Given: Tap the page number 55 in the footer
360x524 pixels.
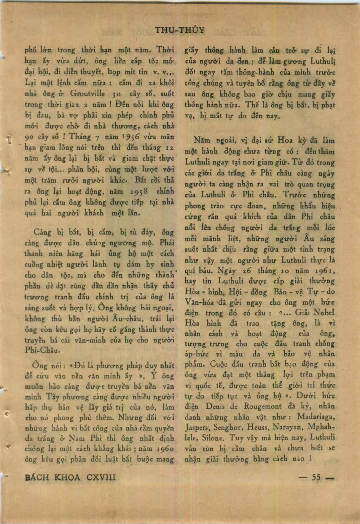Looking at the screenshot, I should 316,477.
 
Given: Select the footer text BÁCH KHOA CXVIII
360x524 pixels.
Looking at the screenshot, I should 70,477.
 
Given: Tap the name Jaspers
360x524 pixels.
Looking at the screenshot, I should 196,428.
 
